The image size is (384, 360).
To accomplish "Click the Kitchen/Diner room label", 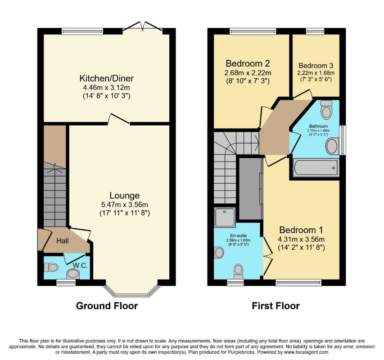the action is click(107, 78).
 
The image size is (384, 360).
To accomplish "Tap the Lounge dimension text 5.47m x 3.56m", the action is click(125, 205).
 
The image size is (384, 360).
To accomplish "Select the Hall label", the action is click(63, 241).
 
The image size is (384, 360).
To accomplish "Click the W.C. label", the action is click(81, 265).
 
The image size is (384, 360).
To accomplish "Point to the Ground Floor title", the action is click(107, 306).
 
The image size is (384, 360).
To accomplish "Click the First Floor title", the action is click(276, 306).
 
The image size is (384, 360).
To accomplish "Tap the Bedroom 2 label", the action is click(248, 63).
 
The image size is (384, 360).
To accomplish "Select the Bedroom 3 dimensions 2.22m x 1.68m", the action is click(316, 73).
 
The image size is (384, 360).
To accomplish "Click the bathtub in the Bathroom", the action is click(316, 168).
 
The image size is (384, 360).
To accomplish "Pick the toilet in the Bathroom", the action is click(326, 109).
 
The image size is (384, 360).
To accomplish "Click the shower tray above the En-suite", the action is click(225, 217).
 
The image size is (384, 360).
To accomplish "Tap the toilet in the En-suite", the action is click(238, 271).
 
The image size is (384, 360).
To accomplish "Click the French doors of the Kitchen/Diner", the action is click(143, 27).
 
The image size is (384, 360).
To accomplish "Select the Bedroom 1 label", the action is click(301, 230).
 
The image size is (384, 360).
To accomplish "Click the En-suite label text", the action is click(238, 236).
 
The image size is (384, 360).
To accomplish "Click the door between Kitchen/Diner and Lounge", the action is click(118, 119).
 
